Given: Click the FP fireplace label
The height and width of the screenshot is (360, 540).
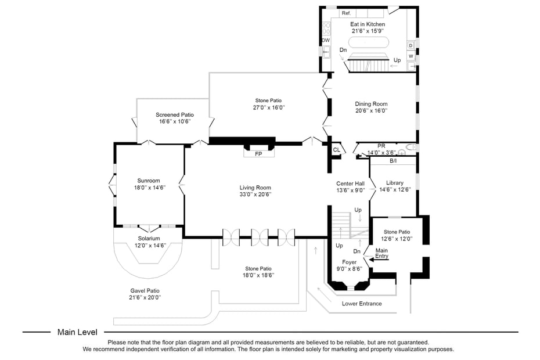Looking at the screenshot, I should pos(258,154).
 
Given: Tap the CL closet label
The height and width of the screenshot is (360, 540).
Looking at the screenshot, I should pos(336,150).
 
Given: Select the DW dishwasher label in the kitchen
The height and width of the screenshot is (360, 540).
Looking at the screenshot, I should pos(326,40).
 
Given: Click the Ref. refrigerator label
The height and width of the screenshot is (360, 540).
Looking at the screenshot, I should pos(346,13).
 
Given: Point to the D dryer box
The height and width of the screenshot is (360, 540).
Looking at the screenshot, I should pos(411,45).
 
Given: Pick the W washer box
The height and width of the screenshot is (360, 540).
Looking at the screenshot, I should pos(411,56).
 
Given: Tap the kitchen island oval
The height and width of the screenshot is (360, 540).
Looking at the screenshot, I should pos(368,42).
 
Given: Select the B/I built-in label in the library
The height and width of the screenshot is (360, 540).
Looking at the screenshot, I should pos(393,160).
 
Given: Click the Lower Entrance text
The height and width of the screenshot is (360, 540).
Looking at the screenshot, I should pos(362,304).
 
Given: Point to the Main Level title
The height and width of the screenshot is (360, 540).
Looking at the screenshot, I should pos(77,332).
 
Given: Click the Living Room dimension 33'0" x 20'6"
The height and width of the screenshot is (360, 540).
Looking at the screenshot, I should pos(255,195).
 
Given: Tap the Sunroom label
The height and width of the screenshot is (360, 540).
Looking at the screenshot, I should pos(149,181).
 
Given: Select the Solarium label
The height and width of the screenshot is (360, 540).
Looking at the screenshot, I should pos(149,238).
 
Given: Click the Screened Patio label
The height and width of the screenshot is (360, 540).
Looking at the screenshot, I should pos(175,115).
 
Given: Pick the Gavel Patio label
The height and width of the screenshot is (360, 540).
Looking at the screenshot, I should pos(145,290).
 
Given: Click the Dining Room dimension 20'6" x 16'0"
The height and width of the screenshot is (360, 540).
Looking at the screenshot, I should pos(371,110).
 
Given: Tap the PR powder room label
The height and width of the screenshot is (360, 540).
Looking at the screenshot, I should pos(381,146).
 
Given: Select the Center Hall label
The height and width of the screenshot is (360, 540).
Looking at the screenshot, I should pos(350,183).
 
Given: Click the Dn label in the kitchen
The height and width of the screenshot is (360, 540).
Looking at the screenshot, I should pos(343,50).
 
